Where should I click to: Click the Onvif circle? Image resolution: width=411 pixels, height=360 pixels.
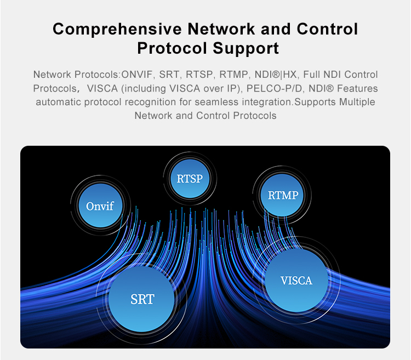coord(100,206)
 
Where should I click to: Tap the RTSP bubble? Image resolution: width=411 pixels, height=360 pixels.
coord(190,179)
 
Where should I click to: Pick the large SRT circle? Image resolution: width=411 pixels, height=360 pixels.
coord(142,299)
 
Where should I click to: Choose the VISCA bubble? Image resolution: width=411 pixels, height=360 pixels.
coord(296,281)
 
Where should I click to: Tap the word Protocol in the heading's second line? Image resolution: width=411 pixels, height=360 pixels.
coord(171,48)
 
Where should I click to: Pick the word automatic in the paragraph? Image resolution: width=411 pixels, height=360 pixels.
coord(58,102)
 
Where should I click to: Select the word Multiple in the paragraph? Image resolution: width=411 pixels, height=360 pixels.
coord(357,102)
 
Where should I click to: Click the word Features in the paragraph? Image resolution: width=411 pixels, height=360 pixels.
coord(357,88)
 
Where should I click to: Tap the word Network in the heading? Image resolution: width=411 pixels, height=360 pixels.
coord(222,29)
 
